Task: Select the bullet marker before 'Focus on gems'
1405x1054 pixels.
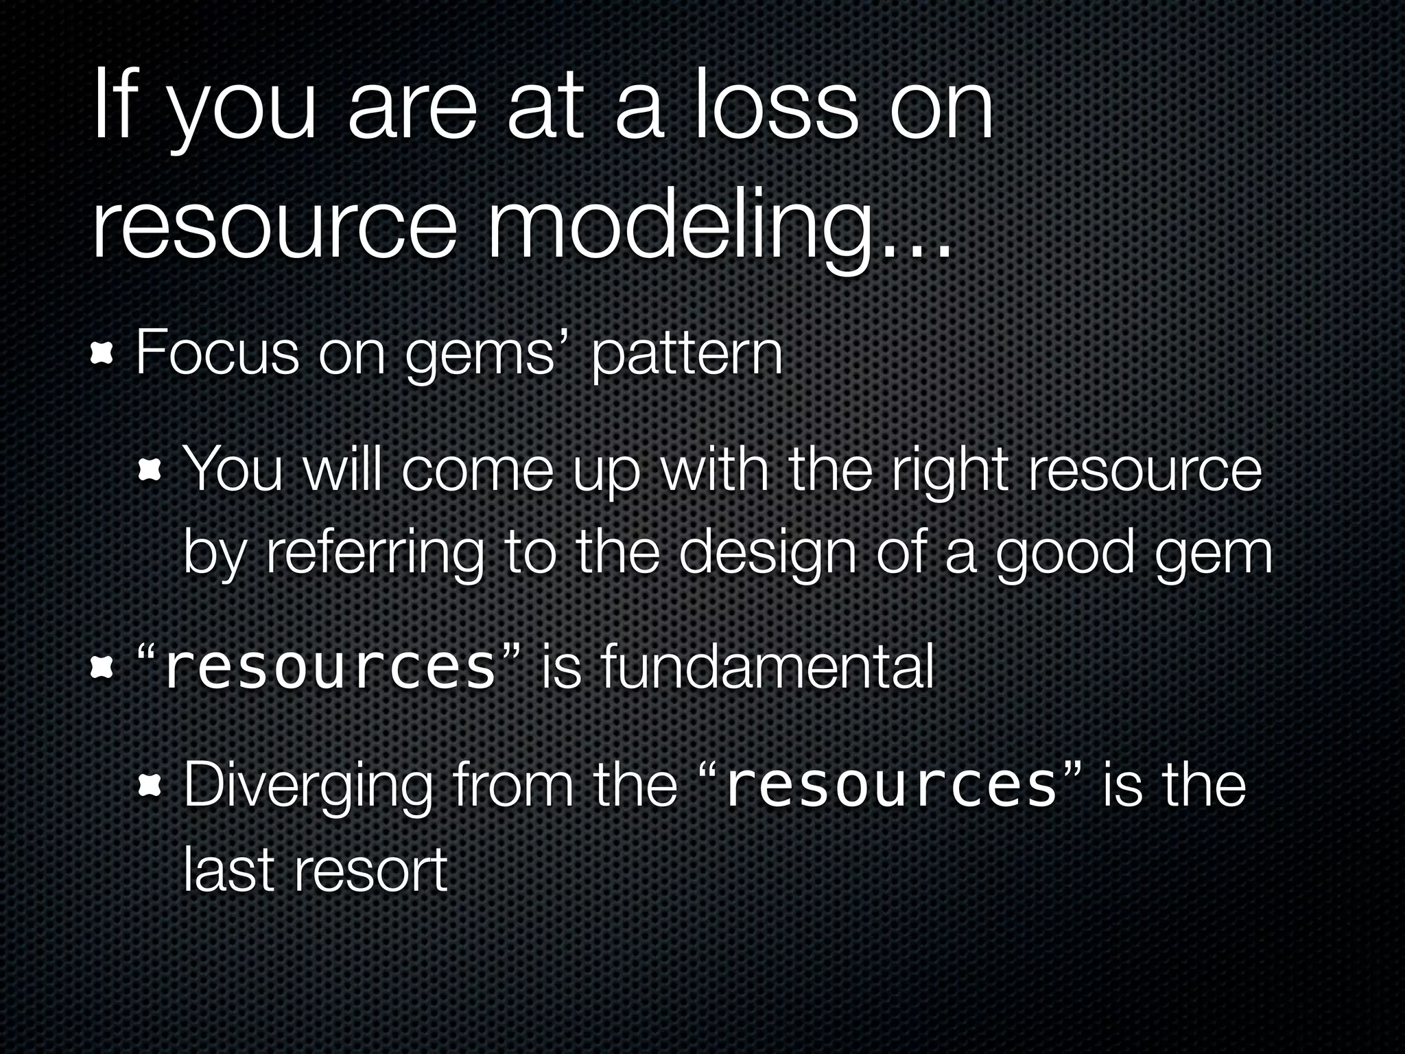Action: [x=102, y=355]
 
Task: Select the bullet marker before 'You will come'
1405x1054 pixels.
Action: [x=150, y=472]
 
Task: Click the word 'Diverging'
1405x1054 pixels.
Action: [x=308, y=787]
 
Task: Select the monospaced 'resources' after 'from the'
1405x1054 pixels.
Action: [x=890, y=787]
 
